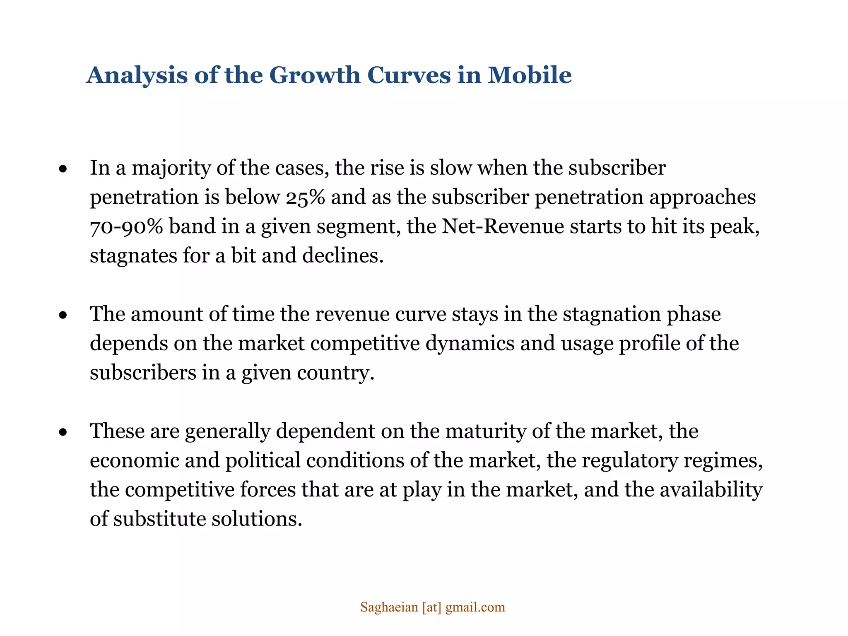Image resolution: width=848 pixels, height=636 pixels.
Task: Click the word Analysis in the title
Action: point(137,75)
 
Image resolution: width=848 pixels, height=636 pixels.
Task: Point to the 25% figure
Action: point(305,197)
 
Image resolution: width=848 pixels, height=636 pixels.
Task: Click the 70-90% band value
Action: point(126,226)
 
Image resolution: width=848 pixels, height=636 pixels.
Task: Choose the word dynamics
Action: point(470,343)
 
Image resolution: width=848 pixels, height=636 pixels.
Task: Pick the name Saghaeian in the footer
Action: point(389,607)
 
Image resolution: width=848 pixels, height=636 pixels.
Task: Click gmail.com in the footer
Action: point(475,607)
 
